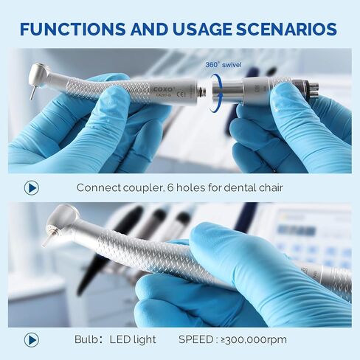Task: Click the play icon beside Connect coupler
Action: pos(31,187)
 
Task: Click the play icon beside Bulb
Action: pos(31,339)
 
